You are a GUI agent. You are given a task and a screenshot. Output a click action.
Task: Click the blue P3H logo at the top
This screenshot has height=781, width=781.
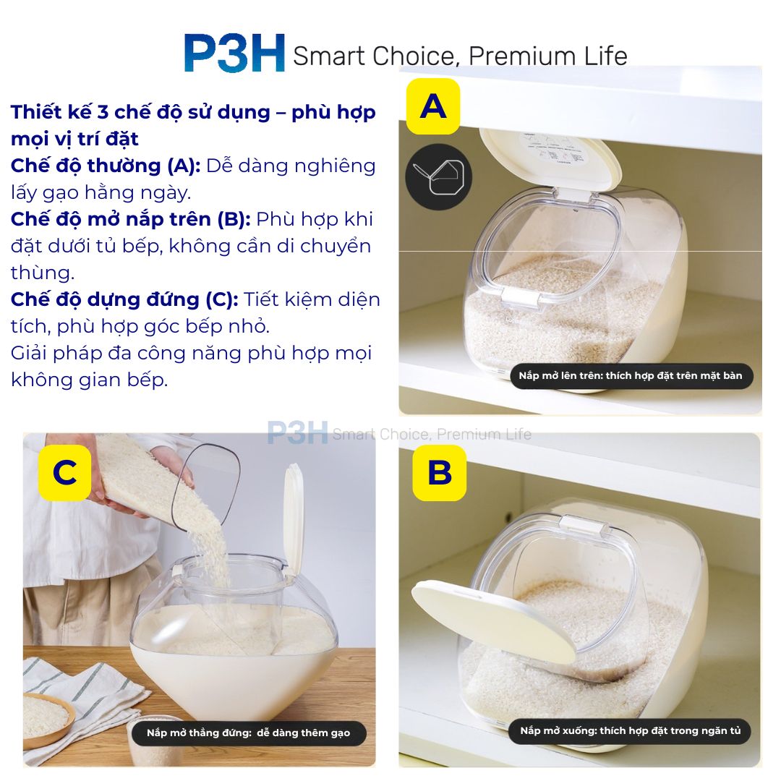click(x=234, y=53)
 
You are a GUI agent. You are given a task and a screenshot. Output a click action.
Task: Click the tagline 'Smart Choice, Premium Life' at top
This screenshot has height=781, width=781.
click(x=460, y=56)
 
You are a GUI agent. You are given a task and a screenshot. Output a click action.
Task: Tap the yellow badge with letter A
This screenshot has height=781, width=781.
click(x=433, y=106)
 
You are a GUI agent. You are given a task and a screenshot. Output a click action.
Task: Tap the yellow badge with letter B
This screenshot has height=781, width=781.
click(x=440, y=473)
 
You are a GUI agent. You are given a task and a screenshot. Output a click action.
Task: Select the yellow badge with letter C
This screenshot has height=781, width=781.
click(x=65, y=473)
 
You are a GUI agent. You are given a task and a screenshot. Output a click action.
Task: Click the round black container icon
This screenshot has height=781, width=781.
click(x=439, y=177)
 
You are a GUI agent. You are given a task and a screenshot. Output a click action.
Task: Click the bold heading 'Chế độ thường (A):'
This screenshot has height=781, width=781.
click(x=106, y=166)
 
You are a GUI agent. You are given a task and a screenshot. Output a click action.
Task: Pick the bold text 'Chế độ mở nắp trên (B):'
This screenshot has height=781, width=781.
click(x=131, y=219)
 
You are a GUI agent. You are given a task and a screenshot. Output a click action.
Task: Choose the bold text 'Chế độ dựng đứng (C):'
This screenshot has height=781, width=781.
click(x=124, y=299)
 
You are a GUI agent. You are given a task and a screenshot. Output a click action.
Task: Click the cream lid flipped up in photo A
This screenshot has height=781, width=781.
click(x=550, y=159)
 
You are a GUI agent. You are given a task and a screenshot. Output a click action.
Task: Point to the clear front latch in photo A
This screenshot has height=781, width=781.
click(x=521, y=298)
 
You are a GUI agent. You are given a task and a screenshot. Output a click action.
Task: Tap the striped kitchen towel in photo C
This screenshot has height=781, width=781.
click(x=80, y=707)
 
